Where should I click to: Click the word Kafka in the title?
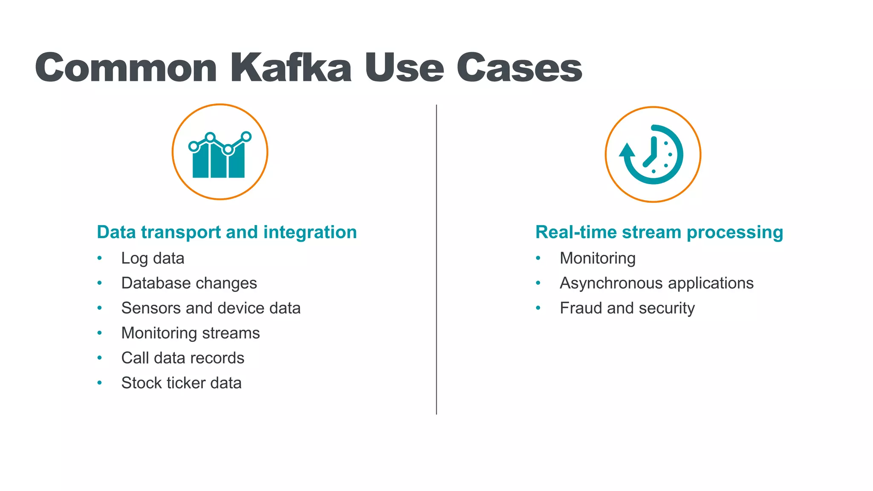click(x=291, y=67)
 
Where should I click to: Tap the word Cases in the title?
click(x=519, y=67)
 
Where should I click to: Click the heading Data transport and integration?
click(x=227, y=232)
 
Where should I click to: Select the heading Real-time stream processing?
click(x=659, y=232)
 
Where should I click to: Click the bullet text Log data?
click(x=153, y=258)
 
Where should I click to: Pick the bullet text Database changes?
click(x=189, y=283)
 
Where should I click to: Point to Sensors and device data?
click(x=211, y=308)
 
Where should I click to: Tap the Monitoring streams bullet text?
click(x=190, y=333)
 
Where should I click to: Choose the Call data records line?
click(x=182, y=358)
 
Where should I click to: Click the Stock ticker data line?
click(x=181, y=383)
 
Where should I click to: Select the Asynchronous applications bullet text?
click(x=656, y=283)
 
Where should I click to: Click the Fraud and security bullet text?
click(x=627, y=308)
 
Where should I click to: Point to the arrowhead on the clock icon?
click(x=627, y=150)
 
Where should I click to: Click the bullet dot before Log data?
click(x=100, y=258)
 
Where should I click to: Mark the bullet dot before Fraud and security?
click(x=538, y=308)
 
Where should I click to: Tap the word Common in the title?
click(x=126, y=67)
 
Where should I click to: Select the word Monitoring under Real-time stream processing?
click(x=598, y=258)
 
